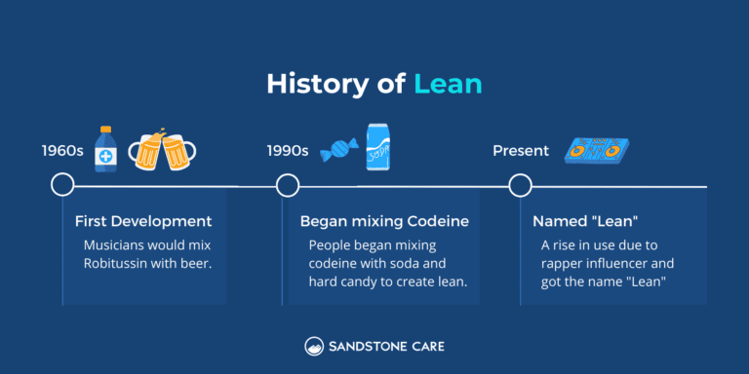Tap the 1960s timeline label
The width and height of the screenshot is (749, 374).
click(61, 151)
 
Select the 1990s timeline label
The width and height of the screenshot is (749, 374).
click(288, 151)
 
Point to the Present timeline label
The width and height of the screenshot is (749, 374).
click(520, 151)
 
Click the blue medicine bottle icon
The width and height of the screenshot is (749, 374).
click(105, 148)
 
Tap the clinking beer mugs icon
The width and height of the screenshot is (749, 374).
click(161, 149)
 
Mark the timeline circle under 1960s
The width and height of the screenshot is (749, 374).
click(62, 185)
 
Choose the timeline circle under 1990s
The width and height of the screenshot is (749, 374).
click(288, 185)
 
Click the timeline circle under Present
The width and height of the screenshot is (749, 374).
click(520, 185)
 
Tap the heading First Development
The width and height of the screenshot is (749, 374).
click(143, 221)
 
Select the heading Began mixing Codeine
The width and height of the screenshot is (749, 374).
click(384, 221)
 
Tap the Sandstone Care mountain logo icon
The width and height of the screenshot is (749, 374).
click(314, 346)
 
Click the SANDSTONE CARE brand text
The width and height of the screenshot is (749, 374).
click(386, 346)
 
